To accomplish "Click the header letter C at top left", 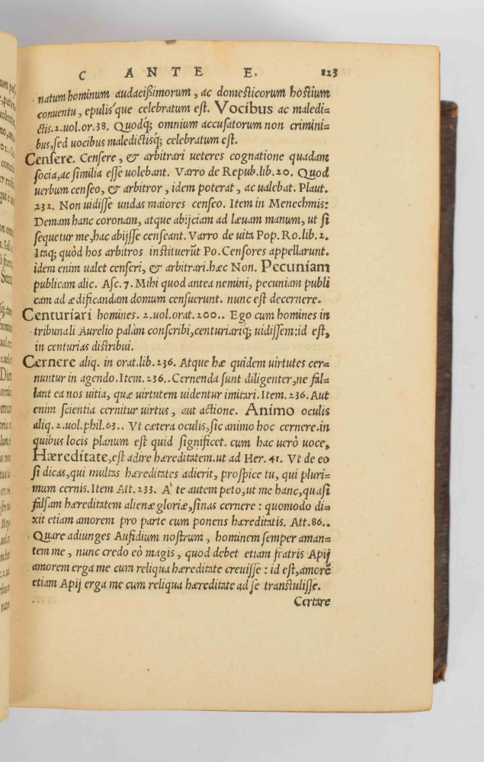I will coord(85,75).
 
